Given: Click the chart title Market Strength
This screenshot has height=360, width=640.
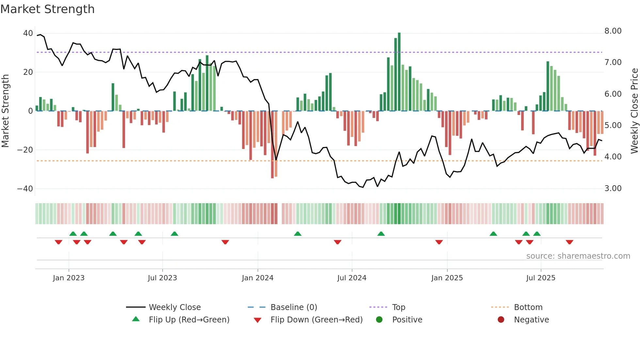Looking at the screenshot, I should pyautogui.click(x=47, y=9).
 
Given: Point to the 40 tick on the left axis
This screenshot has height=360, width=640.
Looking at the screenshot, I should pyautogui.click(x=28, y=33).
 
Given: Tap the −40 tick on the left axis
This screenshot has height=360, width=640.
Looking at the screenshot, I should pyautogui.click(x=25, y=189).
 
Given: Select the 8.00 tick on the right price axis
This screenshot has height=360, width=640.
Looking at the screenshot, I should pyautogui.click(x=613, y=31).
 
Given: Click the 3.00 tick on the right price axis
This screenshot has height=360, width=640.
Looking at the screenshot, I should pyautogui.click(x=613, y=188).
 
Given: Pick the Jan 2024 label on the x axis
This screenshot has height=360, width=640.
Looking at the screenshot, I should pyautogui.click(x=258, y=278).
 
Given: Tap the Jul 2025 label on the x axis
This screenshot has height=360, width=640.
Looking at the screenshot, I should pyautogui.click(x=541, y=278).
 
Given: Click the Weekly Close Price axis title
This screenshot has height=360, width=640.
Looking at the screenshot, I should pyautogui.click(x=634, y=111).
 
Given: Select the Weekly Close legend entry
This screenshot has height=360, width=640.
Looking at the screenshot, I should pyautogui.click(x=175, y=307).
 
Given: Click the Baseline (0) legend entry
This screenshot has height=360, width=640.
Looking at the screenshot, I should pyautogui.click(x=294, y=307).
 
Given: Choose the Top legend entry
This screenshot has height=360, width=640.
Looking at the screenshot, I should pyautogui.click(x=398, y=307).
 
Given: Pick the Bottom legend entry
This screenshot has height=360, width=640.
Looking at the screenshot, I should pyautogui.click(x=528, y=307).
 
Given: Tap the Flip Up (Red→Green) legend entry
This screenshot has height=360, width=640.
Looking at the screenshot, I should pyautogui.click(x=189, y=320).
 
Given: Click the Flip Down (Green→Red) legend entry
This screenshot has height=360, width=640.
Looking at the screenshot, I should pyautogui.click(x=316, y=320).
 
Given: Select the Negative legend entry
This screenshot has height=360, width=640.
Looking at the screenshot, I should pyautogui.click(x=531, y=320).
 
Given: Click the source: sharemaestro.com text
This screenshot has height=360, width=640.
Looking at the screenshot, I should pyautogui.click(x=578, y=256).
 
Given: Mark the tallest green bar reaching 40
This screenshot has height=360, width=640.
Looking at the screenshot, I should pyautogui.click(x=399, y=72).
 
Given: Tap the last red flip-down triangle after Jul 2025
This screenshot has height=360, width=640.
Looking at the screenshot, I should pyautogui.click(x=569, y=242).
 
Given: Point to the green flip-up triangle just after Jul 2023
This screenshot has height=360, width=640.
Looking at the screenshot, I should pyautogui.click(x=174, y=234).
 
